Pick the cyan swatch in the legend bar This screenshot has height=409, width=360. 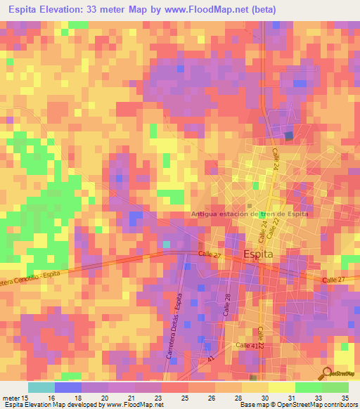point(41,387)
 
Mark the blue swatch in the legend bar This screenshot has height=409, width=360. point(68,387)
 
